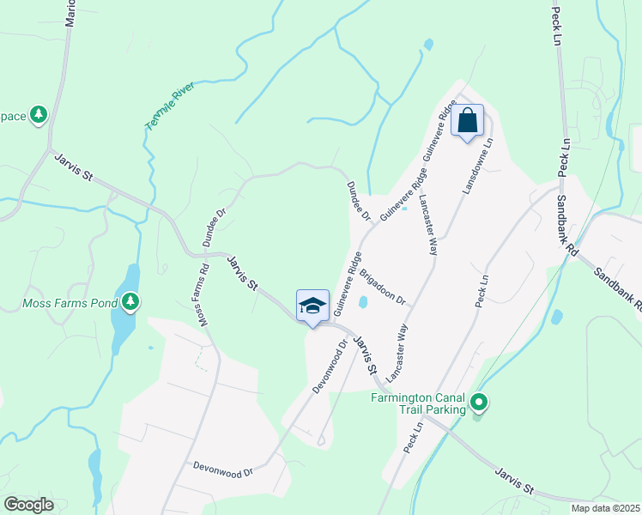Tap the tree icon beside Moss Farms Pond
pos(130,301)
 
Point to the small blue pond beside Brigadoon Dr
pos(364,302)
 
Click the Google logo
pos(28,505)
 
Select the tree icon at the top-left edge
pos(38,114)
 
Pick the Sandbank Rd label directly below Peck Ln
pos(567,227)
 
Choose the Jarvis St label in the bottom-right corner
pos(516,481)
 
